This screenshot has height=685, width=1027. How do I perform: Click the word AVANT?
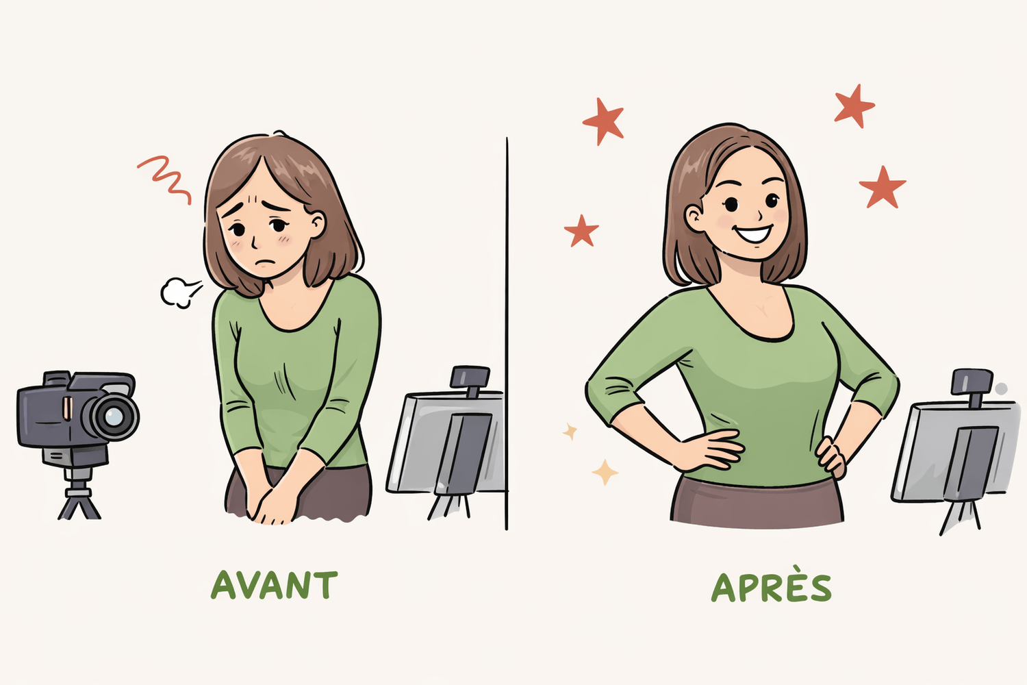274,585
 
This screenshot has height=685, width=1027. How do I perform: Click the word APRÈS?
771,586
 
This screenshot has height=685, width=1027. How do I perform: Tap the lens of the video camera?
113,416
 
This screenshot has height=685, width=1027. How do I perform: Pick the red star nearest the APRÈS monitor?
882,188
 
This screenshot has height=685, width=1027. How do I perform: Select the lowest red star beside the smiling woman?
581,231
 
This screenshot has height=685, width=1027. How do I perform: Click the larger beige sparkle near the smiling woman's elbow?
605,472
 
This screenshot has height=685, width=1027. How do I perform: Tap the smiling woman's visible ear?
694,217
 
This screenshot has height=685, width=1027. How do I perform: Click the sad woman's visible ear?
317,225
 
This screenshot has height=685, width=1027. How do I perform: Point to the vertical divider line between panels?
507,334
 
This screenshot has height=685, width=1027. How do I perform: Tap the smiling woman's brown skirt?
757,501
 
